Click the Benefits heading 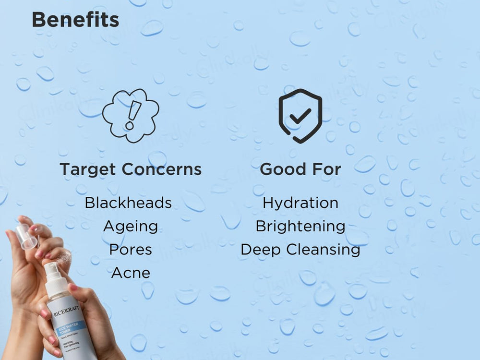click(x=75, y=20)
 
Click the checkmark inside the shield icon click(x=300, y=115)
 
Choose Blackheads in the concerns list click(x=128, y=203)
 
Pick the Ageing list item click(x=131, y=227)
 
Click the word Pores click(x=131, y=250)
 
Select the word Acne click(x=131, y=273)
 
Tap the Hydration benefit click(x=300, y=203)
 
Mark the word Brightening click(x=300, y=226)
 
